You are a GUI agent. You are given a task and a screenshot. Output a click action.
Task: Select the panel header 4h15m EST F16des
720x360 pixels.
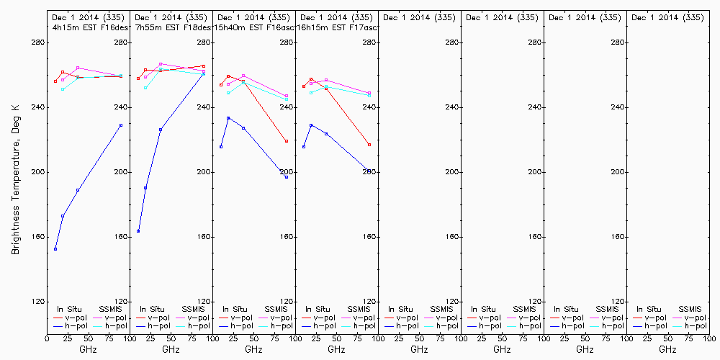click(x=88, y=27)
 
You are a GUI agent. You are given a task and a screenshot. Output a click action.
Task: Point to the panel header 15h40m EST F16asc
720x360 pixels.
click(x=254, y=27)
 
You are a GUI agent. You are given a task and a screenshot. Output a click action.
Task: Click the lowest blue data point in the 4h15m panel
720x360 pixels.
click(x=55, y=249)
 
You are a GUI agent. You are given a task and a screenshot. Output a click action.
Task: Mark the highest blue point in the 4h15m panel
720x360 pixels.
click(x=121, y=125)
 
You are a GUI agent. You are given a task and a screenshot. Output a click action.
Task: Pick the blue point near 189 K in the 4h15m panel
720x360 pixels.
click(x=78, y=190)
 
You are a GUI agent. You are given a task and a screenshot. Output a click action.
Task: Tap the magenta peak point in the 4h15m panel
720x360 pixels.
click(x=78, y=68)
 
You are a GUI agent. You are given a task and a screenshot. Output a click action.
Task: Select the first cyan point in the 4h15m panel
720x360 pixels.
click(x=63, y=89)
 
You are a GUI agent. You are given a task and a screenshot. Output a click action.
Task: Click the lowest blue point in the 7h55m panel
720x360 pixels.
click(x=138, y=231)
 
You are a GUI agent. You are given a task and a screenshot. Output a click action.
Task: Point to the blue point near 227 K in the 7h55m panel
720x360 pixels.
click(x=161, y=130)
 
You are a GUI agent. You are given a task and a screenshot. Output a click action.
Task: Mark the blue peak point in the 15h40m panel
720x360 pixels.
click(x=228, y=118)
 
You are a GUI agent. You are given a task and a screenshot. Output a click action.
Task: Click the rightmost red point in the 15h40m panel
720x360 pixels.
click(x=287, y=141)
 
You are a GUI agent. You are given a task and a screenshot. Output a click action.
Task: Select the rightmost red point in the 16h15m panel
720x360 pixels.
click(x=369, y=145)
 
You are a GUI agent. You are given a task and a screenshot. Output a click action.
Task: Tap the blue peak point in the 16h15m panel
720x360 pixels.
click(x=311, y=125)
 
